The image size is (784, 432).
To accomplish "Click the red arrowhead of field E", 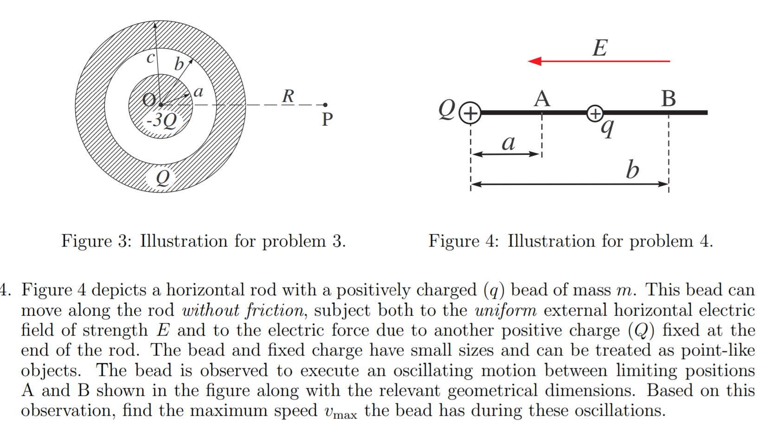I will coord(534,61).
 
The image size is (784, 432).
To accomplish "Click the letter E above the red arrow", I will coord(600,48).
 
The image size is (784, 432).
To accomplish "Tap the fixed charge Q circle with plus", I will coord(470,113).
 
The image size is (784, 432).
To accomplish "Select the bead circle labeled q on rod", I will coord(595,113).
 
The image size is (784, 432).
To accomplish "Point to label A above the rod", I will coord(542,99).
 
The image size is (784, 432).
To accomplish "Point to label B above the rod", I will coord(668,99).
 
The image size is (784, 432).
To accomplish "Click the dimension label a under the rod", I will coord(508,142).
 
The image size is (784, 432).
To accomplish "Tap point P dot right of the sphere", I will coord(325,105).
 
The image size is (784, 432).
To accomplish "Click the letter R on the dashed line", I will coord(288,96).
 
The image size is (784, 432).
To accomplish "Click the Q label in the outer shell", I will coord(162,178).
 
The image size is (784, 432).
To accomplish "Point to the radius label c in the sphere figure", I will coord(150,58).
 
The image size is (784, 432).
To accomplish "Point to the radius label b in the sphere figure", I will coord(179,64).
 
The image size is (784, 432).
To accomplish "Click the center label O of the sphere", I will coord(149,99).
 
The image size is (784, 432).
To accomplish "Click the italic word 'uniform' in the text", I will coord(506,310).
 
